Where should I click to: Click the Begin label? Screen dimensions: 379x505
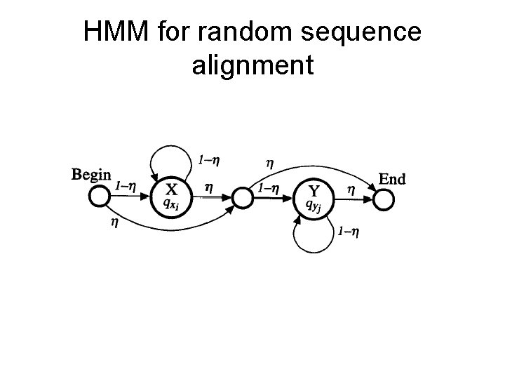tap(91, 174)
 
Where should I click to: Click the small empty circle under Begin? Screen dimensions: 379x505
tap(100, 199)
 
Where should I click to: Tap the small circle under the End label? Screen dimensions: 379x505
tap(383, 200)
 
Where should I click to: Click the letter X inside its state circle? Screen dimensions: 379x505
tap(170, 189)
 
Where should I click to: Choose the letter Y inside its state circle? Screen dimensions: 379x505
tap(315, 190)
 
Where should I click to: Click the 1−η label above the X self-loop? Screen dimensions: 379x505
tap(208, 160)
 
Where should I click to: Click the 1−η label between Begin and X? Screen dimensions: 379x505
tap(126, 186)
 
